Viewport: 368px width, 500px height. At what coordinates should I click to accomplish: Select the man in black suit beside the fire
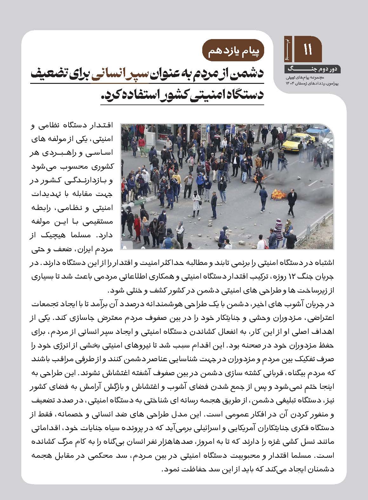coord(291,200)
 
